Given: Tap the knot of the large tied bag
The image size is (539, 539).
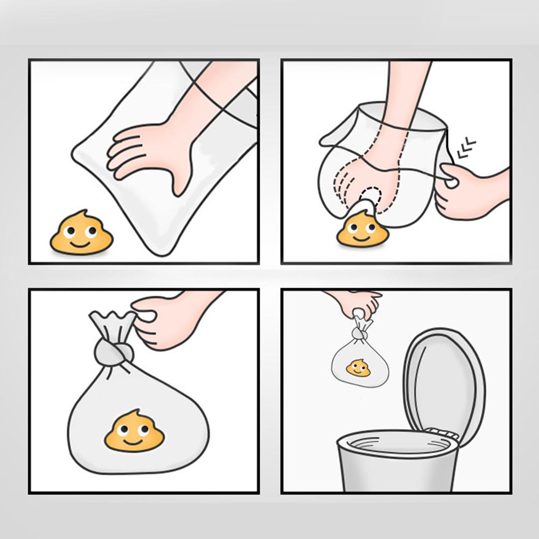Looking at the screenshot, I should pos(114,353).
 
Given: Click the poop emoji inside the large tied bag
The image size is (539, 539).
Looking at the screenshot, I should pos(134,431).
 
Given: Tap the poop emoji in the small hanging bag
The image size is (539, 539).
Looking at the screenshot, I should pos(358,369).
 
